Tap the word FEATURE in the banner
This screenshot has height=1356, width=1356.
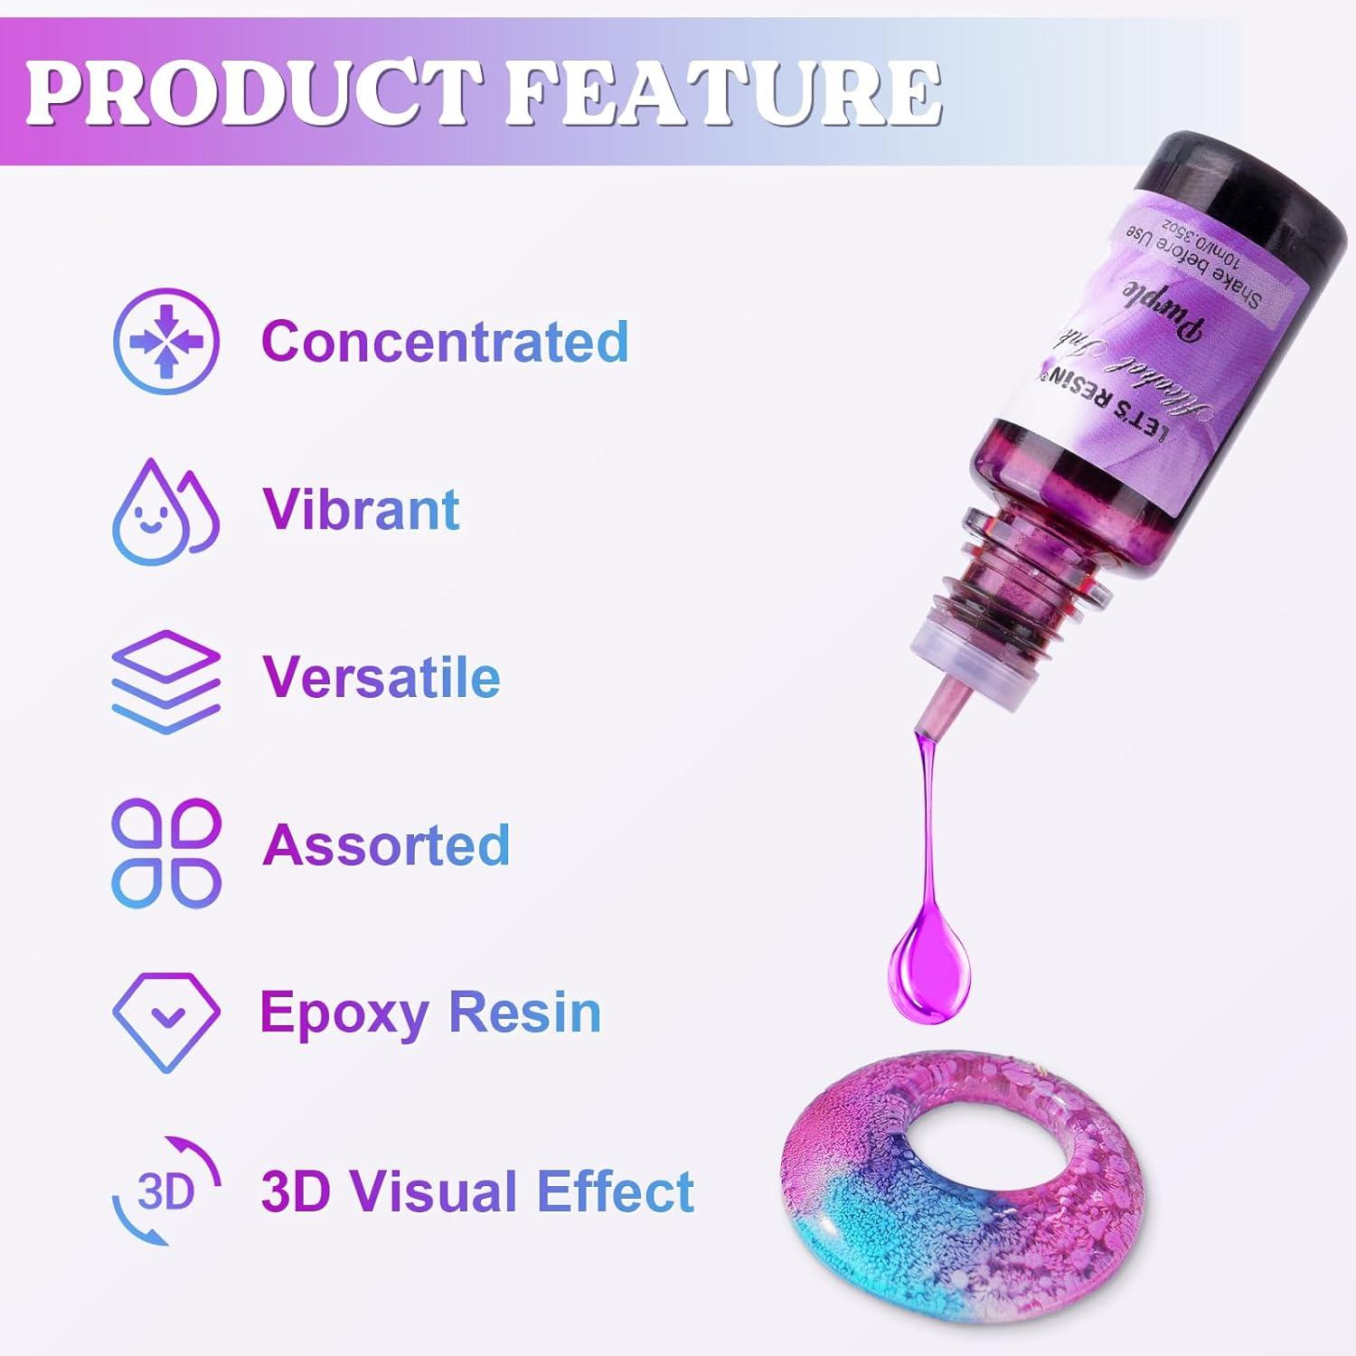point(723,93)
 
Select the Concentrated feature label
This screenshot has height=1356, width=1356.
point(445,342)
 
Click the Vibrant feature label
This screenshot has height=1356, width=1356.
point(361,509)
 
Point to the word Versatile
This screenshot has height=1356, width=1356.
point(381,677)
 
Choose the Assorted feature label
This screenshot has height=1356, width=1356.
point(386,844)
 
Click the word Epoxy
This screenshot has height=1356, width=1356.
point(343,1012)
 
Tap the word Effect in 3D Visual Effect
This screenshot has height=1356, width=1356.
point(615,1191)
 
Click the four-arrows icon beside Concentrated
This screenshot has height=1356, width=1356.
point(166,342)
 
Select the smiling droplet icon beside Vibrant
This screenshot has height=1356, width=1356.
point(165,512)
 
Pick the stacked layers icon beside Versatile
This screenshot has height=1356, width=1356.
point(166,681)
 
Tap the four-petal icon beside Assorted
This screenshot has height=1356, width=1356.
point(166,852)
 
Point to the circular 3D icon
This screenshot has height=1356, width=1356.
point(166,1191)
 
